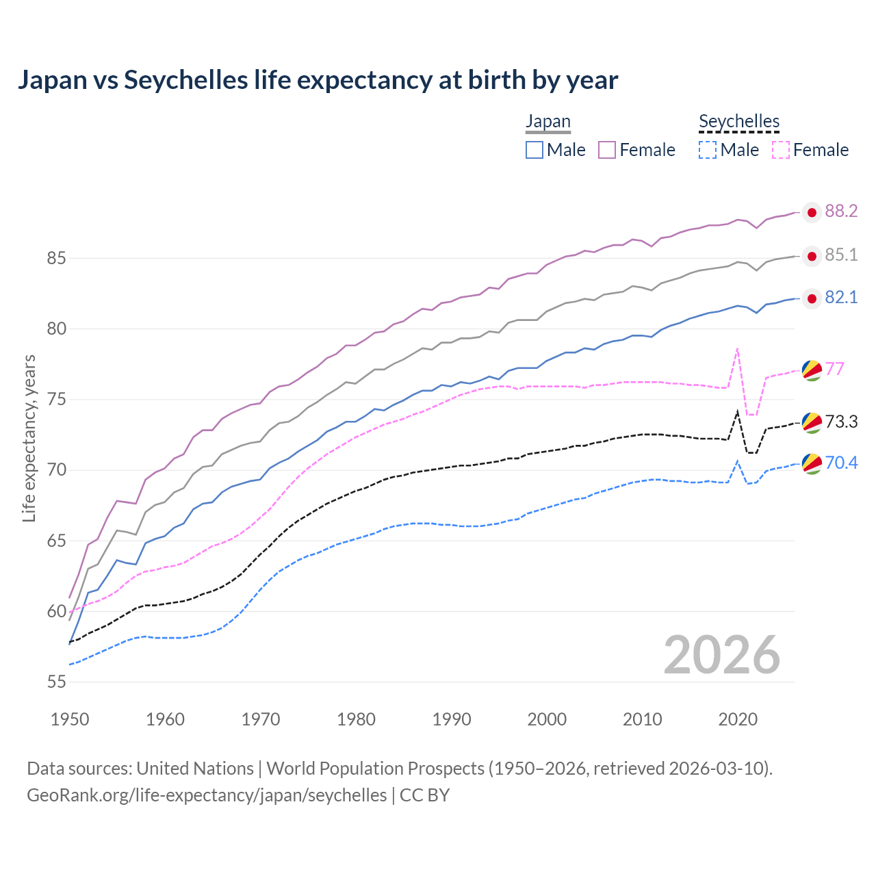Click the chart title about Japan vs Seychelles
[x=318, y=80]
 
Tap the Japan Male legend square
[x=534, y=150]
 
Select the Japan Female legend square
[x=607, y=150]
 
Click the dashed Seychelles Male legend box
[x=708, y=150]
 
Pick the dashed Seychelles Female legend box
[x=781, y=150]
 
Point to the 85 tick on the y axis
[x=56, y=259]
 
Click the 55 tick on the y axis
[x=56, y=682]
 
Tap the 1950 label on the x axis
[x=70, y=719]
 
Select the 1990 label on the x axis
[x=452, y=719]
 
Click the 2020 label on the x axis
[x=738, y=719]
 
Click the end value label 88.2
[x=841, y=211]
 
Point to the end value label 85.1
[x=841, y=255]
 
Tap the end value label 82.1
[x=841, y=298]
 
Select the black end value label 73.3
[x=841, y=422]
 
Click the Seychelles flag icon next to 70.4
[x=812, y=464]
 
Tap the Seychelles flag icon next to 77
[x=812, y=370]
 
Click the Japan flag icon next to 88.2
[x=812, y=213]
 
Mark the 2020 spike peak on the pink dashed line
[x=737, y=348]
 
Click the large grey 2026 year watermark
[x=722, y=655]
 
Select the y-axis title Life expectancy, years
[x=29, y=438]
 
